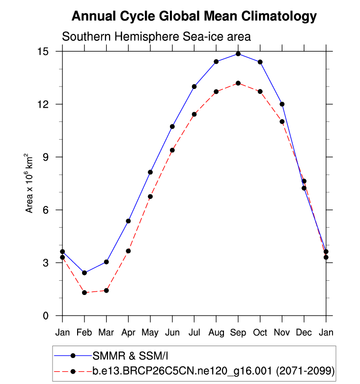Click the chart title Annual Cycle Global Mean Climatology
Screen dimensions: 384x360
[x=194, y=16]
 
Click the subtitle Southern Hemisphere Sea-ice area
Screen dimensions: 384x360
[x=156, y=36]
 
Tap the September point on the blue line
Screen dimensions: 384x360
[x=238, y=54]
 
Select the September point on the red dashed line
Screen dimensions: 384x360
[x=238, y=83]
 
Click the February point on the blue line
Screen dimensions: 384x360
[x=84, y=273]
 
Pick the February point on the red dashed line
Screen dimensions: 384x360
[x=84, y=293]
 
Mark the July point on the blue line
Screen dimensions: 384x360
[x=194, y=87]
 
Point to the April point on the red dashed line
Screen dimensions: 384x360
[x=128, y=251]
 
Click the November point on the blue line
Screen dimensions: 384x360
[x=282, y=104]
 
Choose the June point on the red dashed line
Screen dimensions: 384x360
[x=172, y=150]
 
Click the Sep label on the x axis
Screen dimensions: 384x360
[x=238, y=332]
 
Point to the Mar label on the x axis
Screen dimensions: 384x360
[x=106, y=332]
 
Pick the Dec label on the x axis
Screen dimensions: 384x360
[x=304, y=332]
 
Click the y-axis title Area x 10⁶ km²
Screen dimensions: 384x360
[x=30, y=183]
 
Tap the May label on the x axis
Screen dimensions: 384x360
[x=150, y=333]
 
